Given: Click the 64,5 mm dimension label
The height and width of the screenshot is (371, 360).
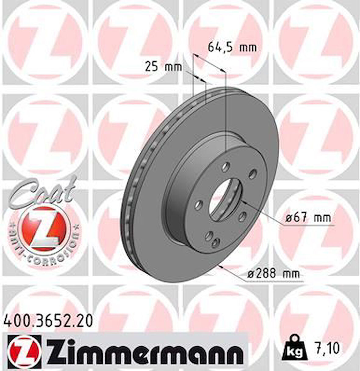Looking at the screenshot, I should click(x=232, y=48).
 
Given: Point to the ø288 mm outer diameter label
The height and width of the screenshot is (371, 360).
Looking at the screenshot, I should click(x=273, y=274).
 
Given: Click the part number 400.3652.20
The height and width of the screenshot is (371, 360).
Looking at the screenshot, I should click(x=49, y=321).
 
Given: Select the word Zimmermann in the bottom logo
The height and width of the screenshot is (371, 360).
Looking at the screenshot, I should click(x=145, y=354).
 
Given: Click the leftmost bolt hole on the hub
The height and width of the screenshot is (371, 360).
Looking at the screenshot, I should click(x=200, y=204).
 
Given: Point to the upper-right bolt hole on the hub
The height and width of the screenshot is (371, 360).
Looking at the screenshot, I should click(x=252, y=175).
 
